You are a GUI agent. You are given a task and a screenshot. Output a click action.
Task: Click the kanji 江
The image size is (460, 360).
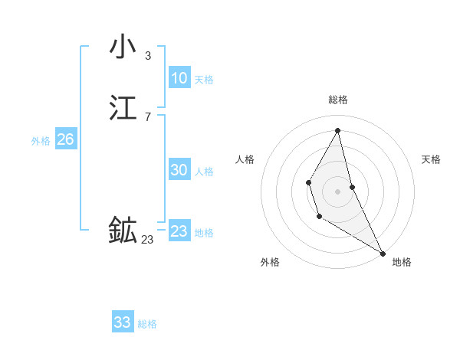click(123, 108)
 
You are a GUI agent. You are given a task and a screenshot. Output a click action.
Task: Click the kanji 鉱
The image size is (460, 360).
click(123, 230)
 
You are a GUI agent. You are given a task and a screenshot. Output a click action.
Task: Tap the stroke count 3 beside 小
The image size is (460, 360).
click(147, 56)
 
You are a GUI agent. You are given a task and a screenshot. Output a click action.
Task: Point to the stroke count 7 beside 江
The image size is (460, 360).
click(147, 116)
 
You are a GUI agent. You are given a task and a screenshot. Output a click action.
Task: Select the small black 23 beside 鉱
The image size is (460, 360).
click(147, 240)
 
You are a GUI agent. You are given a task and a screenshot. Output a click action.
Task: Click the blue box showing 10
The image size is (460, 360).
click(179, 78)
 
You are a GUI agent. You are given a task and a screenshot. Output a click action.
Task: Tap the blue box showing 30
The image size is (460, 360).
click(179, 170)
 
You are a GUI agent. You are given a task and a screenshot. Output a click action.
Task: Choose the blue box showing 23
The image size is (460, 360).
click(179, 231)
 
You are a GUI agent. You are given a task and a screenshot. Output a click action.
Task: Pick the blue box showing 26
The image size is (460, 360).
click(65, 139)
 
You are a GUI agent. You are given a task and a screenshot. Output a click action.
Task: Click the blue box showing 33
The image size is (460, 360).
click(123, 322)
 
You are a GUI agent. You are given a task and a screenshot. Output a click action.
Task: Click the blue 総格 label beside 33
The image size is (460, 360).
click(147, 324)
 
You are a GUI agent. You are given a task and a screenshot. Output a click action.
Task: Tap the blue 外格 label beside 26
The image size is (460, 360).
click(41, 141)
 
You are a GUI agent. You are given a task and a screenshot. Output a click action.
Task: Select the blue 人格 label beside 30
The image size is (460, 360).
click(204, 172)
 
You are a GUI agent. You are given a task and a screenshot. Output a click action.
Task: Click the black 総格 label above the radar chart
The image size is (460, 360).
click(338, 100)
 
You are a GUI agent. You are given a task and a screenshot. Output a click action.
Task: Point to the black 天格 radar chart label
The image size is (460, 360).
click(432, 159)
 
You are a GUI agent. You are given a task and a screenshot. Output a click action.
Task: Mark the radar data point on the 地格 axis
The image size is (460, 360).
click(383, 253)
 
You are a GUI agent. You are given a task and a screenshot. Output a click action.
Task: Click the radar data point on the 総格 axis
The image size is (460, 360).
click(338, 130)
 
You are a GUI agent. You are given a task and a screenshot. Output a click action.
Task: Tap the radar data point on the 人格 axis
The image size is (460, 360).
click(308, 182)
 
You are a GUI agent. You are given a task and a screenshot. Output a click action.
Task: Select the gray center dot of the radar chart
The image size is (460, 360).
click(338, 191)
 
